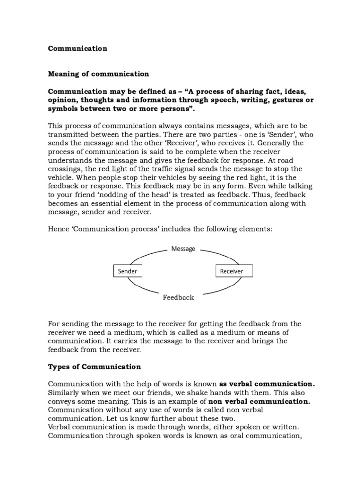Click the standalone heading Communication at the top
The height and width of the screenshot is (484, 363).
pyautogui.click(x=78, y=48)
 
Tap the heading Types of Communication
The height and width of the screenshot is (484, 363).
pyautogui.click(x=95, y=367)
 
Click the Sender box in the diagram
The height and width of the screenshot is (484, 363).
pyautogui.click(x=127, y=271)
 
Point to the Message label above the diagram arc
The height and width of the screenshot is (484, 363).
pyautogui.click(x=183, y=249)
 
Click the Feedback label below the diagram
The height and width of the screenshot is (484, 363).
pyautogui.click(x=178, y=298)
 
